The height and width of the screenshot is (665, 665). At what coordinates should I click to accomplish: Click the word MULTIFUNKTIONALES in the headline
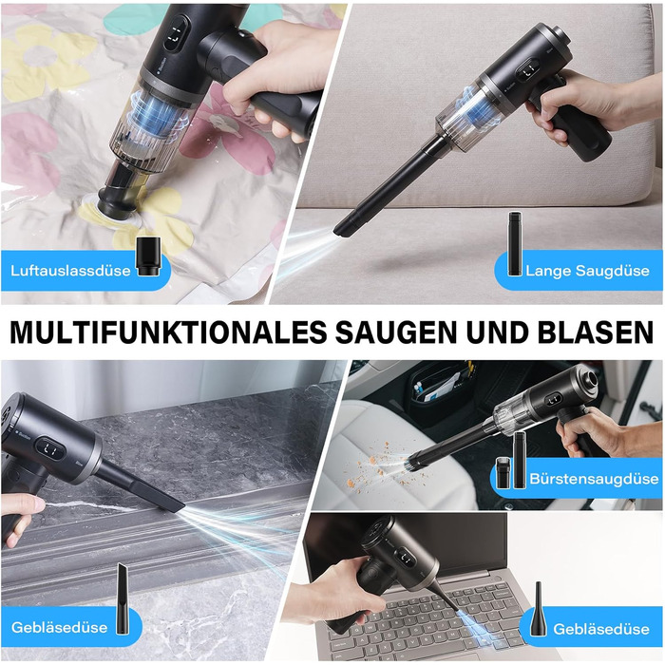tap(168, 332)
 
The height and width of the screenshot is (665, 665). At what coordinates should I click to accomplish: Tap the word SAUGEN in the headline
tap(396, 332)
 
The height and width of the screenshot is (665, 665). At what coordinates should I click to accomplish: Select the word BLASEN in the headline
tap(596, 332)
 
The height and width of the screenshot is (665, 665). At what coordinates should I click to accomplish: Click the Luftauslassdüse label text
tap(70, 271)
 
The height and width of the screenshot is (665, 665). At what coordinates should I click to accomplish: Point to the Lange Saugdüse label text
tap(587, 271)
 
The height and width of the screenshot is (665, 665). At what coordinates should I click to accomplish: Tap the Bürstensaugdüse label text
tap(594, 479)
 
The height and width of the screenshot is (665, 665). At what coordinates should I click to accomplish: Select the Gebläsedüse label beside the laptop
tap(601, 629)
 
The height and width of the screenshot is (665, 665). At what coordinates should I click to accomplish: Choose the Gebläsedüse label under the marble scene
tap(59, 627)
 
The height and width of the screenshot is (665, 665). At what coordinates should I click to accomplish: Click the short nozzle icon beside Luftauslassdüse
tap(148, 257)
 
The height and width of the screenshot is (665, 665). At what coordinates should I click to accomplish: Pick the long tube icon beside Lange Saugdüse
tap(515, 243)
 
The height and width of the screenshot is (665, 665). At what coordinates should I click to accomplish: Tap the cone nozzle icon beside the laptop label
tap(538, 609)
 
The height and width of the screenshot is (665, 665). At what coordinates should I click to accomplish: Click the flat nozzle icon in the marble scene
tap(123, 598)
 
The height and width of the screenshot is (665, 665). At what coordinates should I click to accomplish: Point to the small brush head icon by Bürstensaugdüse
tap(503, 472)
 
